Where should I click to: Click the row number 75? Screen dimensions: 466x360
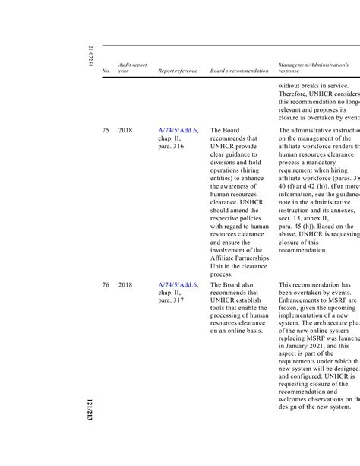[x=106, y=130]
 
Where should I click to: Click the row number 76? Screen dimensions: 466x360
[x=106, y=285]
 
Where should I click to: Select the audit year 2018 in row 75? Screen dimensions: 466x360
[x=125, y=130]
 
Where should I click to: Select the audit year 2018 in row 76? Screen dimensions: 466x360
[x=125, y=285]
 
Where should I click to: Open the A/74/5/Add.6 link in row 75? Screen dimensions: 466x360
[x=178, y=130]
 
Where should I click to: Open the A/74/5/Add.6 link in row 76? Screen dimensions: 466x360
[x=178, y=285]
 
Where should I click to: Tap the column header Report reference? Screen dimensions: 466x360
[x=177, y=71]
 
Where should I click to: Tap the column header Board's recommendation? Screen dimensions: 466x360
[x=238, y=71]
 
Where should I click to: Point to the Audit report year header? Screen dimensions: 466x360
[x=132, y=68]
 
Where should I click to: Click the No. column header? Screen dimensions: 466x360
[x=106, y=71]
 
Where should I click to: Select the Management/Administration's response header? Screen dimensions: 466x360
[x=314, y=68]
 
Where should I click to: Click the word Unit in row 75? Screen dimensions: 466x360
[x=218, y=266]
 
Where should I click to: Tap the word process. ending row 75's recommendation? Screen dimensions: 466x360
[x=221, y=274]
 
